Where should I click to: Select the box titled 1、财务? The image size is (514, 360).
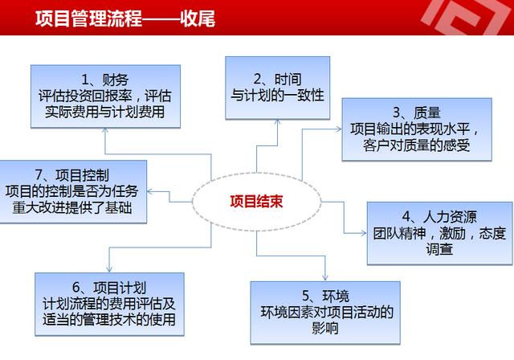coord(104,96)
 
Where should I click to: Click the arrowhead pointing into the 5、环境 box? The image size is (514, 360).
coord(325,276)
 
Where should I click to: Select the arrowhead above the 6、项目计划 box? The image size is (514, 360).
coord(109,268)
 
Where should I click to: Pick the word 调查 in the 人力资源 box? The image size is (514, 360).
coord(422,250)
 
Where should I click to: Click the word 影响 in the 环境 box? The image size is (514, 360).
coord(322,329)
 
